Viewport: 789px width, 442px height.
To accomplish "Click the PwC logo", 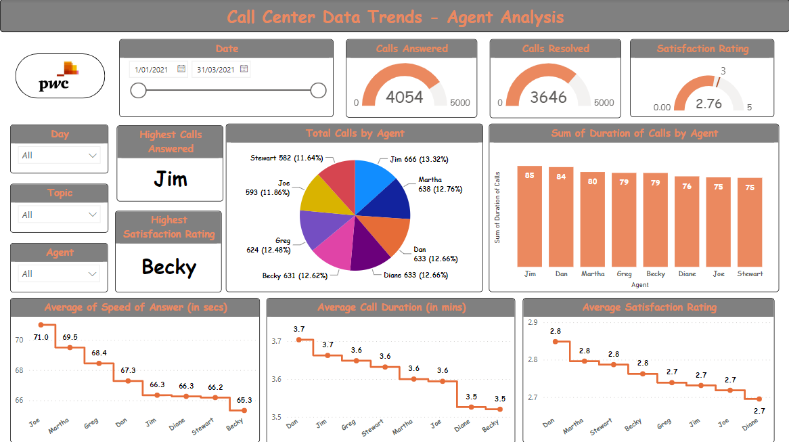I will click(60, 76).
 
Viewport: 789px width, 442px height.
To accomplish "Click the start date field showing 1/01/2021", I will click(152, 69).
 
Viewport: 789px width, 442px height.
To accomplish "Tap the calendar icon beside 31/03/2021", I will click(244, 69).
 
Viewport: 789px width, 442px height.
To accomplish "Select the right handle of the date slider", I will click(318, 91).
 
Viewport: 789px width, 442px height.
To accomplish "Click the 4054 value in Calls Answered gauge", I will click(404, 97).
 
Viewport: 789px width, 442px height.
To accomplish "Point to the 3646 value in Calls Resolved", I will click(548, 97).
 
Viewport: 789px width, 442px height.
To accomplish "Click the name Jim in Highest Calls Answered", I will click(171, 179).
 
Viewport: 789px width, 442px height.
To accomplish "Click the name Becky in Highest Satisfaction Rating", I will click(169, 267).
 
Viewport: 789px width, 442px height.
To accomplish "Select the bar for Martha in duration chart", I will click(592, 219).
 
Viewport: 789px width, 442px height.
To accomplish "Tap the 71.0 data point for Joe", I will click(41, 325).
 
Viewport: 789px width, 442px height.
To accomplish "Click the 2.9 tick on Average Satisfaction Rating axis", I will click(533, 322).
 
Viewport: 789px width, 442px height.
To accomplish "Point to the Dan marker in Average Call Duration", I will click(299, 339).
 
